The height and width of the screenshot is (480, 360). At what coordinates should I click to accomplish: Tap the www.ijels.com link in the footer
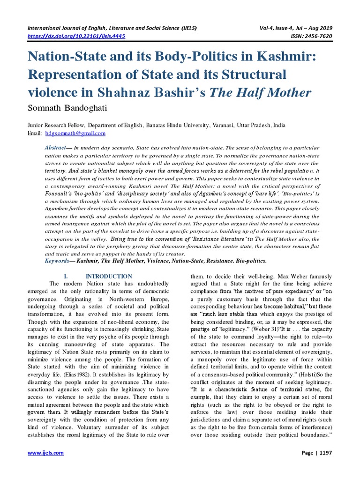[x=45, y=453]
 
